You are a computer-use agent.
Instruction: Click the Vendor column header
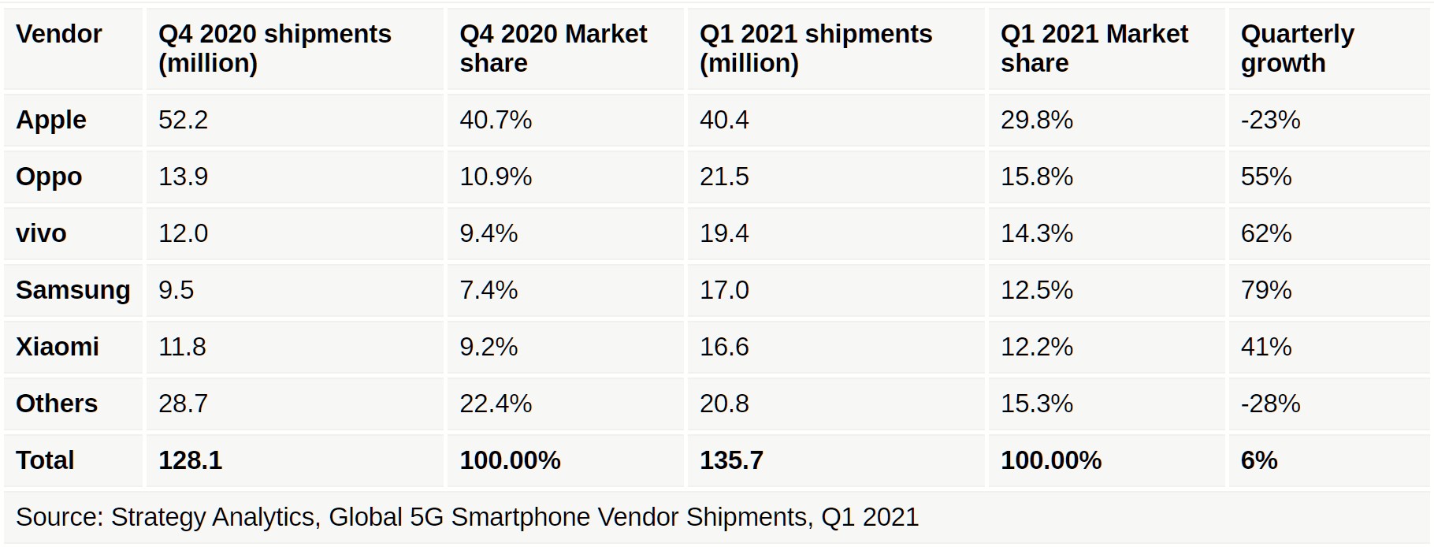coord(59,35)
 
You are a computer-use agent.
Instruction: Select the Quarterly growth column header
coord(1297,48)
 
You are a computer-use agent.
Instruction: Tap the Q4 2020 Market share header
coord(552,48)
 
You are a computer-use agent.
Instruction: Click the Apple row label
coord(51,120)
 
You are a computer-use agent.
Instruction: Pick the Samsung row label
coord(72,290)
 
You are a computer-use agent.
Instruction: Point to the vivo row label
coord(41,233)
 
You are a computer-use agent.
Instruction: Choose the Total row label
coord(45,460)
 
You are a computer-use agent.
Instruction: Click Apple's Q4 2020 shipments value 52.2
coord(183,120)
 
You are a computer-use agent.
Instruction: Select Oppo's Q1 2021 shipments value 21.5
coord(724,177)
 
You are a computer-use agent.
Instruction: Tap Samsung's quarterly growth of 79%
coord(1265,290)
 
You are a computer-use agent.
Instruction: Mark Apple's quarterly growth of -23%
coord(1270,120)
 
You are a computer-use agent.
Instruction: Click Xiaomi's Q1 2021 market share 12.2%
coord(1036,347)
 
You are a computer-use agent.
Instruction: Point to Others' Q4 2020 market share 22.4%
coord(496,404)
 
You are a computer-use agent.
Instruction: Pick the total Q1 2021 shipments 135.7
coord(731,460)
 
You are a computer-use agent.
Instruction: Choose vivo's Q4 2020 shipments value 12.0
coord(183,233)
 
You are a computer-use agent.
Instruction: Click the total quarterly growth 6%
coord(1258,460)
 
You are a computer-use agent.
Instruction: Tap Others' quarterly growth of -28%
coord(1270,404)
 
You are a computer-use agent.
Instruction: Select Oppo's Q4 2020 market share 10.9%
coord(496,177)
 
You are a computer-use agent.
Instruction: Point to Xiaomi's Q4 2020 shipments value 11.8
coord(182,347)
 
